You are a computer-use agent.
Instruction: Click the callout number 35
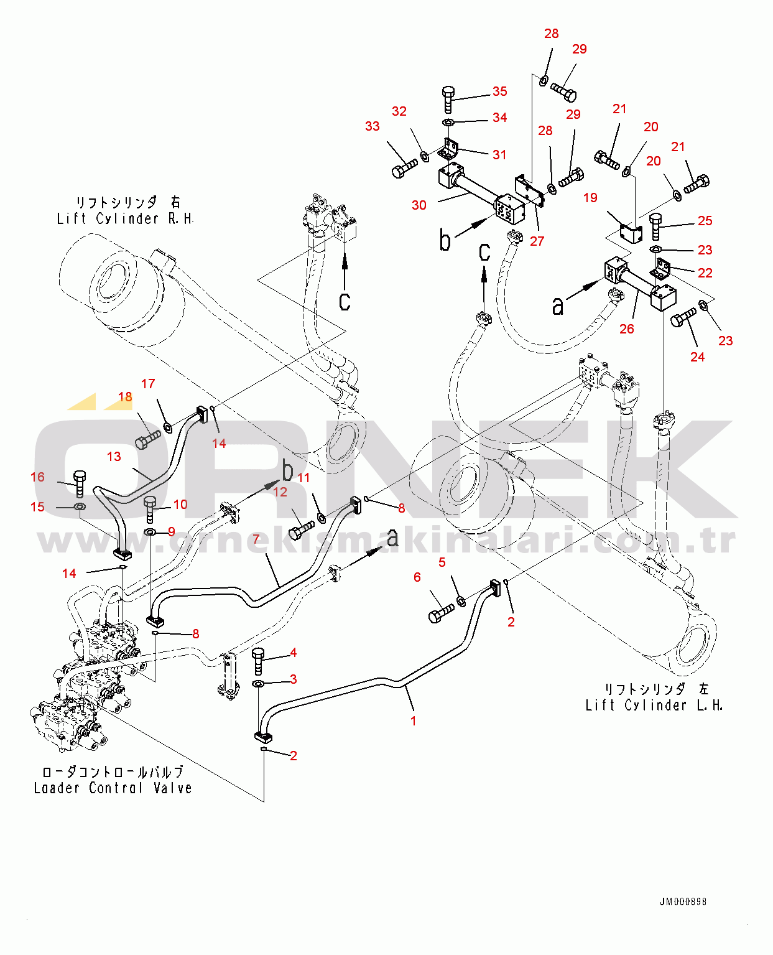499,91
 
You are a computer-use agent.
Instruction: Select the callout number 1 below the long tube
414,720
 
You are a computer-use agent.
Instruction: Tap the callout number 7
256,539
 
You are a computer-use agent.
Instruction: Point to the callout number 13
114,457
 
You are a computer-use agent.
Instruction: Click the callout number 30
419,205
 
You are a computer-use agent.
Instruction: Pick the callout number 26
627,328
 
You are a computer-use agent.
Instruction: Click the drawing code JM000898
683,901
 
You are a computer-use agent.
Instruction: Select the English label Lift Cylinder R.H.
125,219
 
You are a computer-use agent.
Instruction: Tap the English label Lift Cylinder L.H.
654,706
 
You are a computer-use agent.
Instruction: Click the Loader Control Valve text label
113,788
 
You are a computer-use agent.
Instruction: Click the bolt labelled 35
448,99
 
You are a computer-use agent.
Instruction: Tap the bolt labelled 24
683,318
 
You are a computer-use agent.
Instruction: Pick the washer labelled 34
448,122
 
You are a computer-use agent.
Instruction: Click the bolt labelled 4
259,660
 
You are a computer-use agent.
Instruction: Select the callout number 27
537,241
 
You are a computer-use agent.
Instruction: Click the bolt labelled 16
80,483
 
